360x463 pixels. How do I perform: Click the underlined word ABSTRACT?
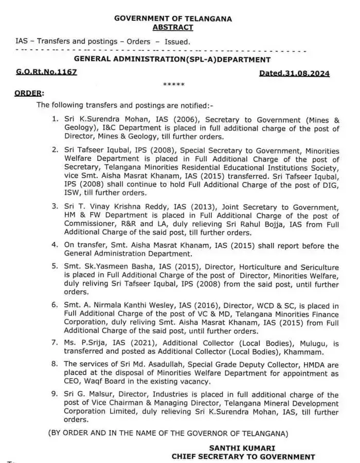(x=173, y=27)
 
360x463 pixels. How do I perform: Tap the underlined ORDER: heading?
(x=29, y=94)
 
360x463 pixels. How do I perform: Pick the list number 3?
(x=55, y=206)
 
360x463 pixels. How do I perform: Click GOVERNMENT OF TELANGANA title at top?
(x=173, y=19)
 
